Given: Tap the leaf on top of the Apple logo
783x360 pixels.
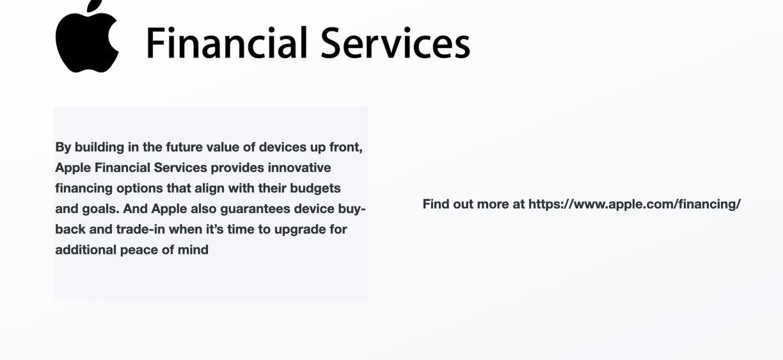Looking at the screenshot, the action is (95, 5).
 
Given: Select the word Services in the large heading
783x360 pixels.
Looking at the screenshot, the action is (395, 43).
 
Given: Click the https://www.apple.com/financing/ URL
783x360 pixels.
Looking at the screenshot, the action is (635, 204).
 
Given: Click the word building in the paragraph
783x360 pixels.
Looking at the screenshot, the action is (99, 147).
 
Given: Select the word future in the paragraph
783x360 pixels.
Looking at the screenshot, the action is (184, 147).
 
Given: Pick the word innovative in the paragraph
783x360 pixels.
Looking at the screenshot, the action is (299, 168).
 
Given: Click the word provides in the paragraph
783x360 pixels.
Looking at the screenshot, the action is (237, 168).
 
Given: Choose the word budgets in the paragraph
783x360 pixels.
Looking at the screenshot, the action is (315, 189).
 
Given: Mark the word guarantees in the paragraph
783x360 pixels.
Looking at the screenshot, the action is (255, 209).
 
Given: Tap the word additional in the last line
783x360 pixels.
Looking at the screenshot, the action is (86, 250).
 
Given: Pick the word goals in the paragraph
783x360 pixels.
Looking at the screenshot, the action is (100, 209).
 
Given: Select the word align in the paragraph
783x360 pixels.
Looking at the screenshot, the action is (209, 189).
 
